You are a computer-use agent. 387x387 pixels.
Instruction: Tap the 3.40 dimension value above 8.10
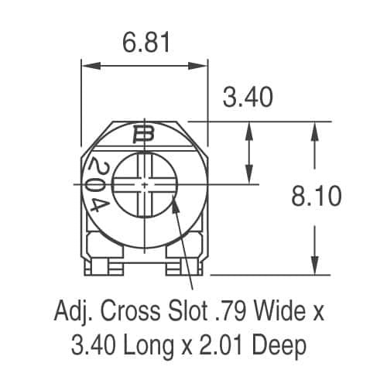click(248, 98)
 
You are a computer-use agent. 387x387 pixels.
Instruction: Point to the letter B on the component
click(144, 136)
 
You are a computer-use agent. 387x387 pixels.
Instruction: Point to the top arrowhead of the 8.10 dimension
click(314, 126)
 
